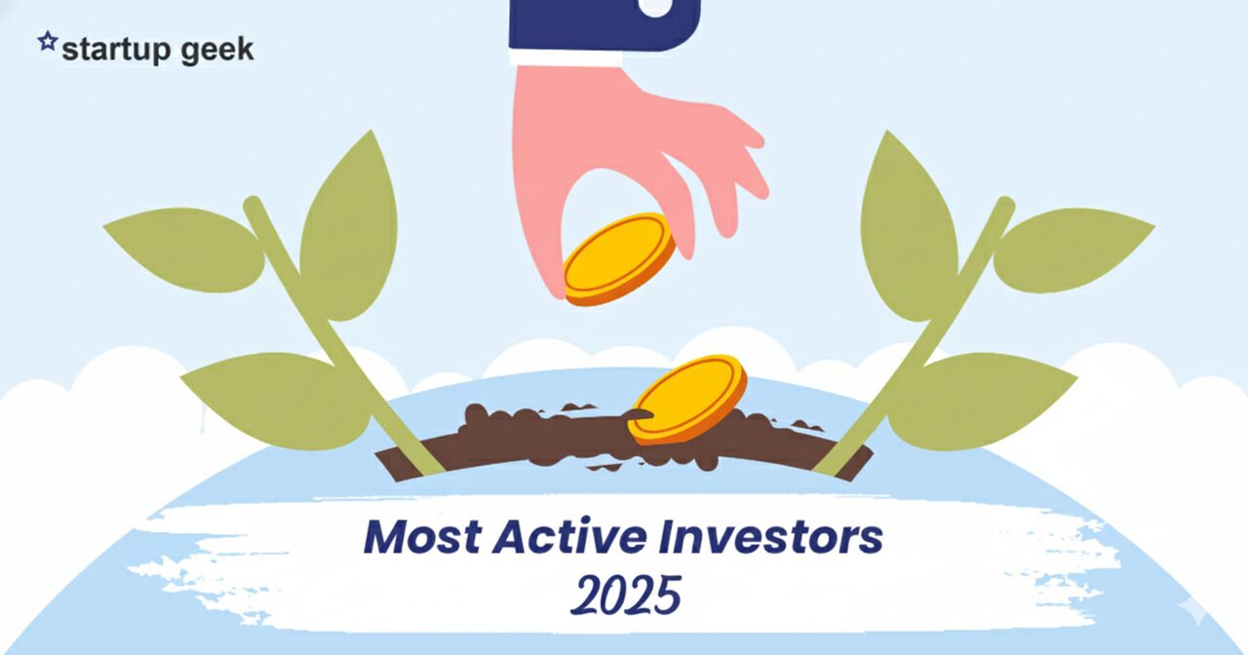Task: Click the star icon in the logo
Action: (x=48, y=41)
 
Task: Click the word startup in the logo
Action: (x=116, y=50)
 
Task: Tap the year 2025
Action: (x=626, y=595)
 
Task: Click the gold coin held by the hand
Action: (x=619, y=259)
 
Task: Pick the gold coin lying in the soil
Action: (x=688, y=400)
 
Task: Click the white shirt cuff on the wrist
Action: (x=565, y=58)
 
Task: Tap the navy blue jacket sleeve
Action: (x=604, y=25)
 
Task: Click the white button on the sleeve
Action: (x=655, y=7)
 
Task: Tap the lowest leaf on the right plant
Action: (x=982, y=401)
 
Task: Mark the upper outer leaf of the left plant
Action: (x=185, y=250)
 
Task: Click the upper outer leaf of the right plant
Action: (x=1073, y=250)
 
